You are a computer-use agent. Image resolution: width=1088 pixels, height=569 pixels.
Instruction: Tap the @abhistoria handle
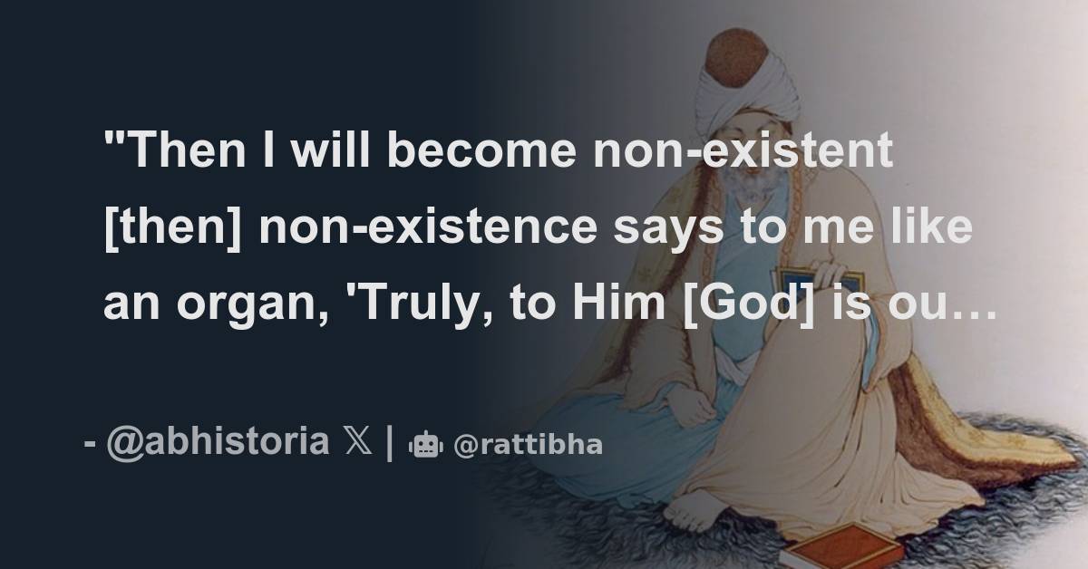pos(218,443)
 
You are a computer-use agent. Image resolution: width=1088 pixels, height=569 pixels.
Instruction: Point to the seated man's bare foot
pos(694,511)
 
